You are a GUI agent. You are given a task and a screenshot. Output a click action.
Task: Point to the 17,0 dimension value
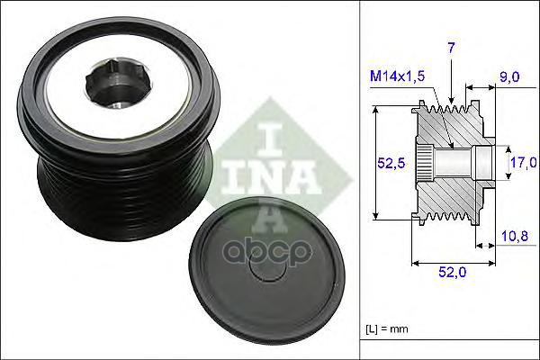[525, 163]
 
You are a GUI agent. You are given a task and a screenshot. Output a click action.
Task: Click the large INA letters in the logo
[270, 166]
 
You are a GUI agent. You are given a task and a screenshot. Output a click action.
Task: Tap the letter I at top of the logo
[270, 135]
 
